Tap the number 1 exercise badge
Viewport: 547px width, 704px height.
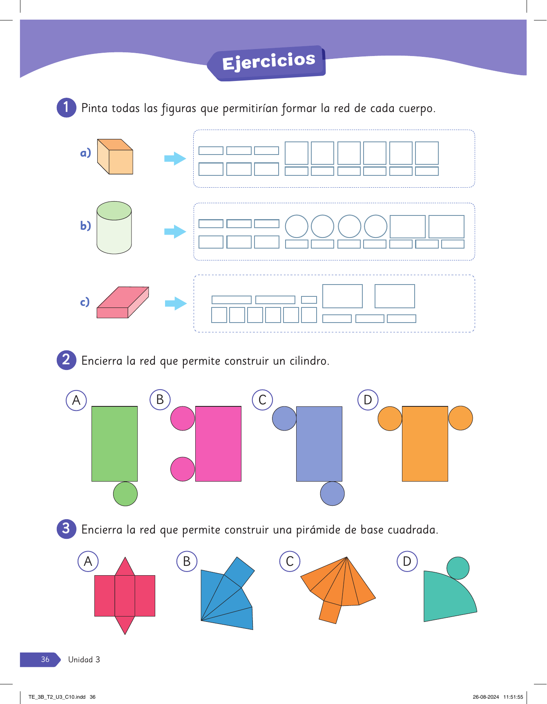[66, 108]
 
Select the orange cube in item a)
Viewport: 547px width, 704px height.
[115, 157]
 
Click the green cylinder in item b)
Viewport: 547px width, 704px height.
[114, 227]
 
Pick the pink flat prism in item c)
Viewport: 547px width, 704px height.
[123, 302]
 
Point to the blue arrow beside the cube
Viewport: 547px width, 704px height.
[175, 158]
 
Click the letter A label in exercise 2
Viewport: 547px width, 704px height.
[76, 400]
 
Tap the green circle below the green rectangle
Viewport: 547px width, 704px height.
[125, 494]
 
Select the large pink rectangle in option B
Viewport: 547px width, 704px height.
[218, 444]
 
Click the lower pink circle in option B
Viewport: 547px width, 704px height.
[183, 469]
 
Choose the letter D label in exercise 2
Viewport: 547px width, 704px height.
[368, 400]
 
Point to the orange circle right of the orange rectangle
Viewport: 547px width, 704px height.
[460, 418]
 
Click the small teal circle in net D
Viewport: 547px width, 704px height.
[458, 568]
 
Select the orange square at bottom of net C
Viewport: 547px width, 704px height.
[330, 612]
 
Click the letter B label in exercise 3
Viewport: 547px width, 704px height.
[187, 561]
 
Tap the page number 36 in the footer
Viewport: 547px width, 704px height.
[45, 659]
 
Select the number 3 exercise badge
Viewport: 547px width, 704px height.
[66, 529]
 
